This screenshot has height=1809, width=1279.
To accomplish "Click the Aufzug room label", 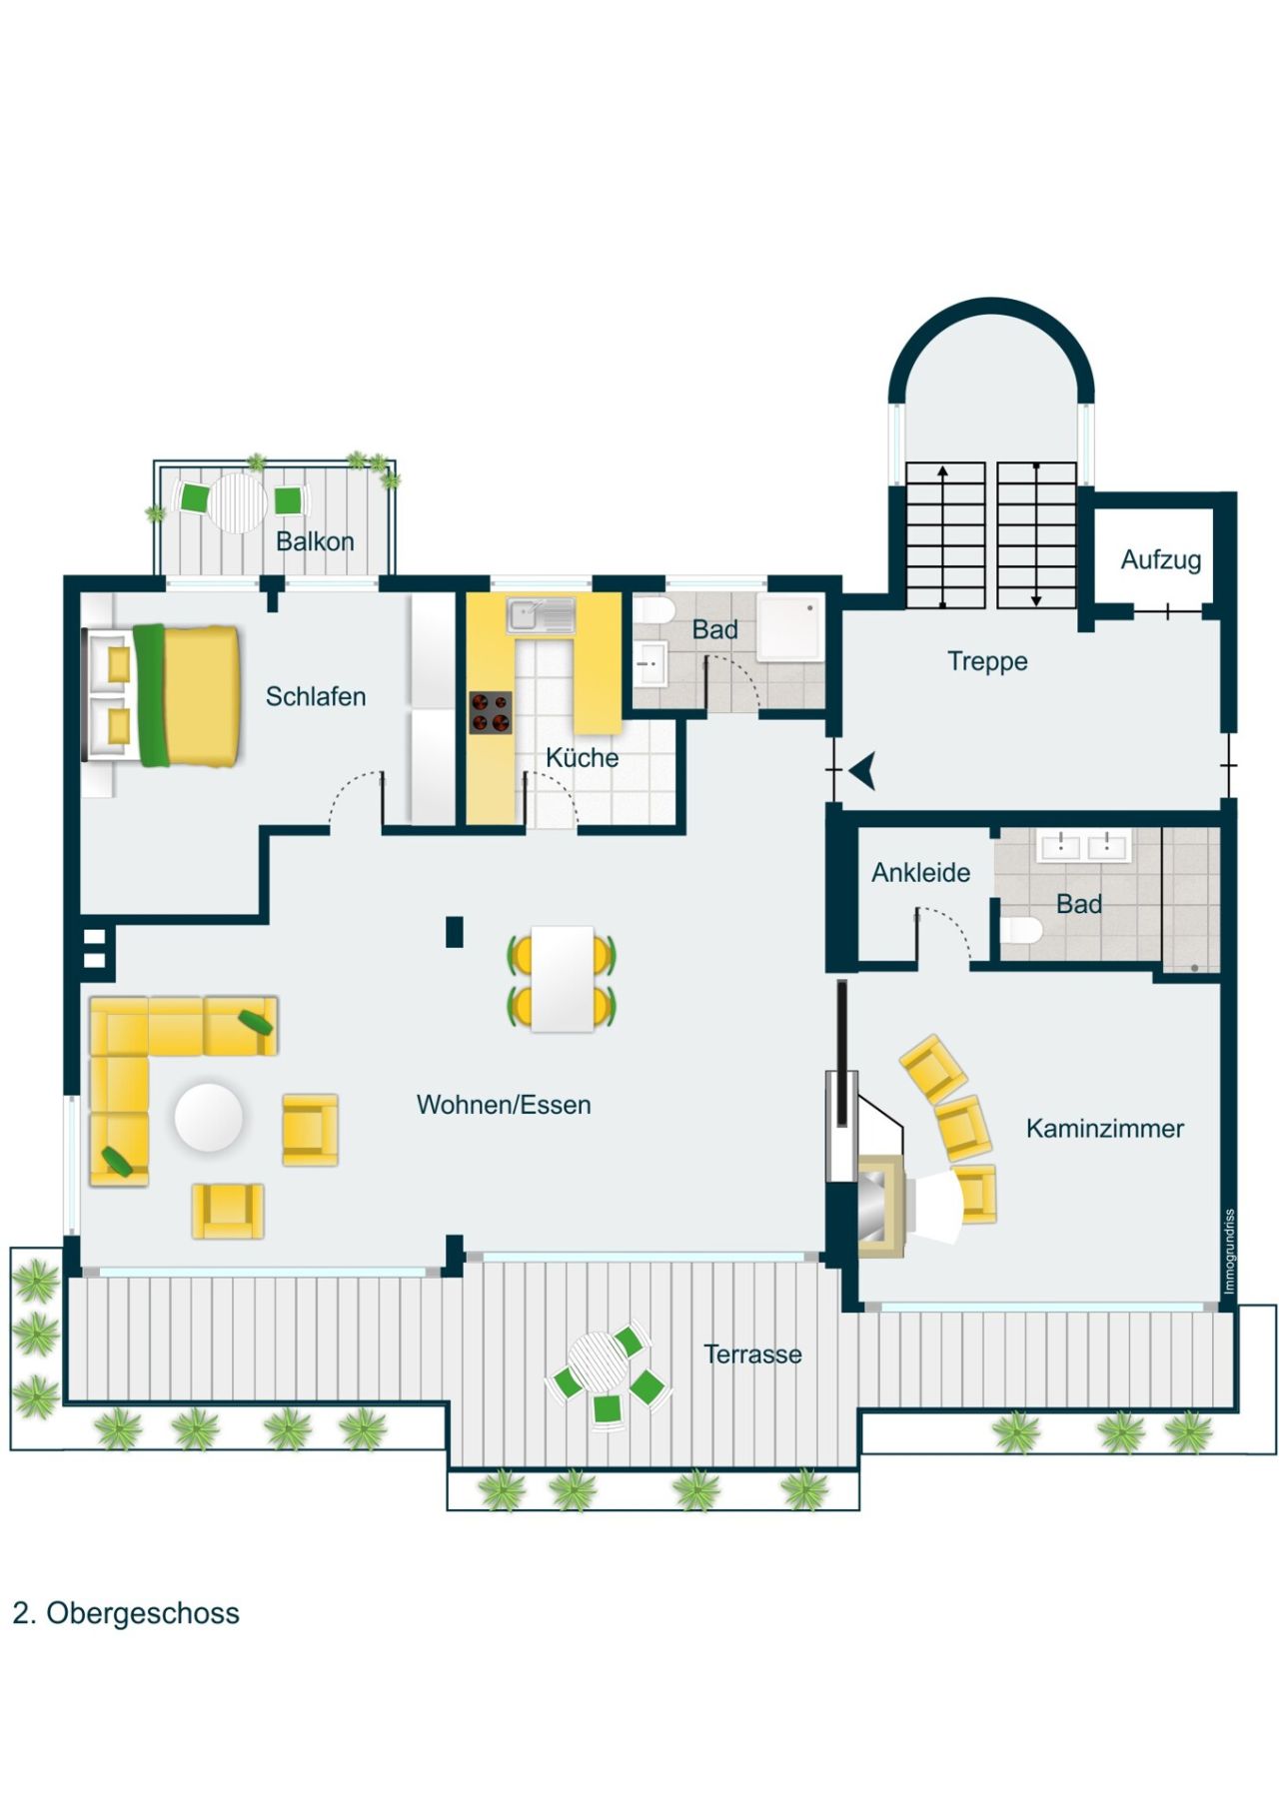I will coord(1160,559).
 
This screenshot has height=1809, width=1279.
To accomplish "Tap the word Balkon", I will coord(315,541).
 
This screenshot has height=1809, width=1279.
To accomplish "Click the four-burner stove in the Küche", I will coord(491,712).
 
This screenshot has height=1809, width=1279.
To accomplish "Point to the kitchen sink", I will coord(540,615).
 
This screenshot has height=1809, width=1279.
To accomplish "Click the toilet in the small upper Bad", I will coord(655,610).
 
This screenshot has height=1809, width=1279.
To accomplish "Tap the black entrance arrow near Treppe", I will coord(862,770).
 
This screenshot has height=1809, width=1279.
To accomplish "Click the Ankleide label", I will coord(920,873).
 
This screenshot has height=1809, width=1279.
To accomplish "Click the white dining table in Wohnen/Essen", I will coord(563,979).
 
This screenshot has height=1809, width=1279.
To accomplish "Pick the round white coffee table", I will coord(208,1118).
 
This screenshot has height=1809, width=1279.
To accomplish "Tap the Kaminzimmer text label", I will coord(1104,1129).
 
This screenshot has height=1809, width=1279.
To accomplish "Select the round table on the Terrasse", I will coord(596,1361).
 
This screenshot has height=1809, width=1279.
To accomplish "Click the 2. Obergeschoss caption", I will coord(126,1613).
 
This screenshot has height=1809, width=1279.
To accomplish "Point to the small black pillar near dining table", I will coord(455,931).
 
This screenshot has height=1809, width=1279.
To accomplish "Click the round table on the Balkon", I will coord(238,501).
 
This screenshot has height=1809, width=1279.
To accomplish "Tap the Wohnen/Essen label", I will coord(504,1105).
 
